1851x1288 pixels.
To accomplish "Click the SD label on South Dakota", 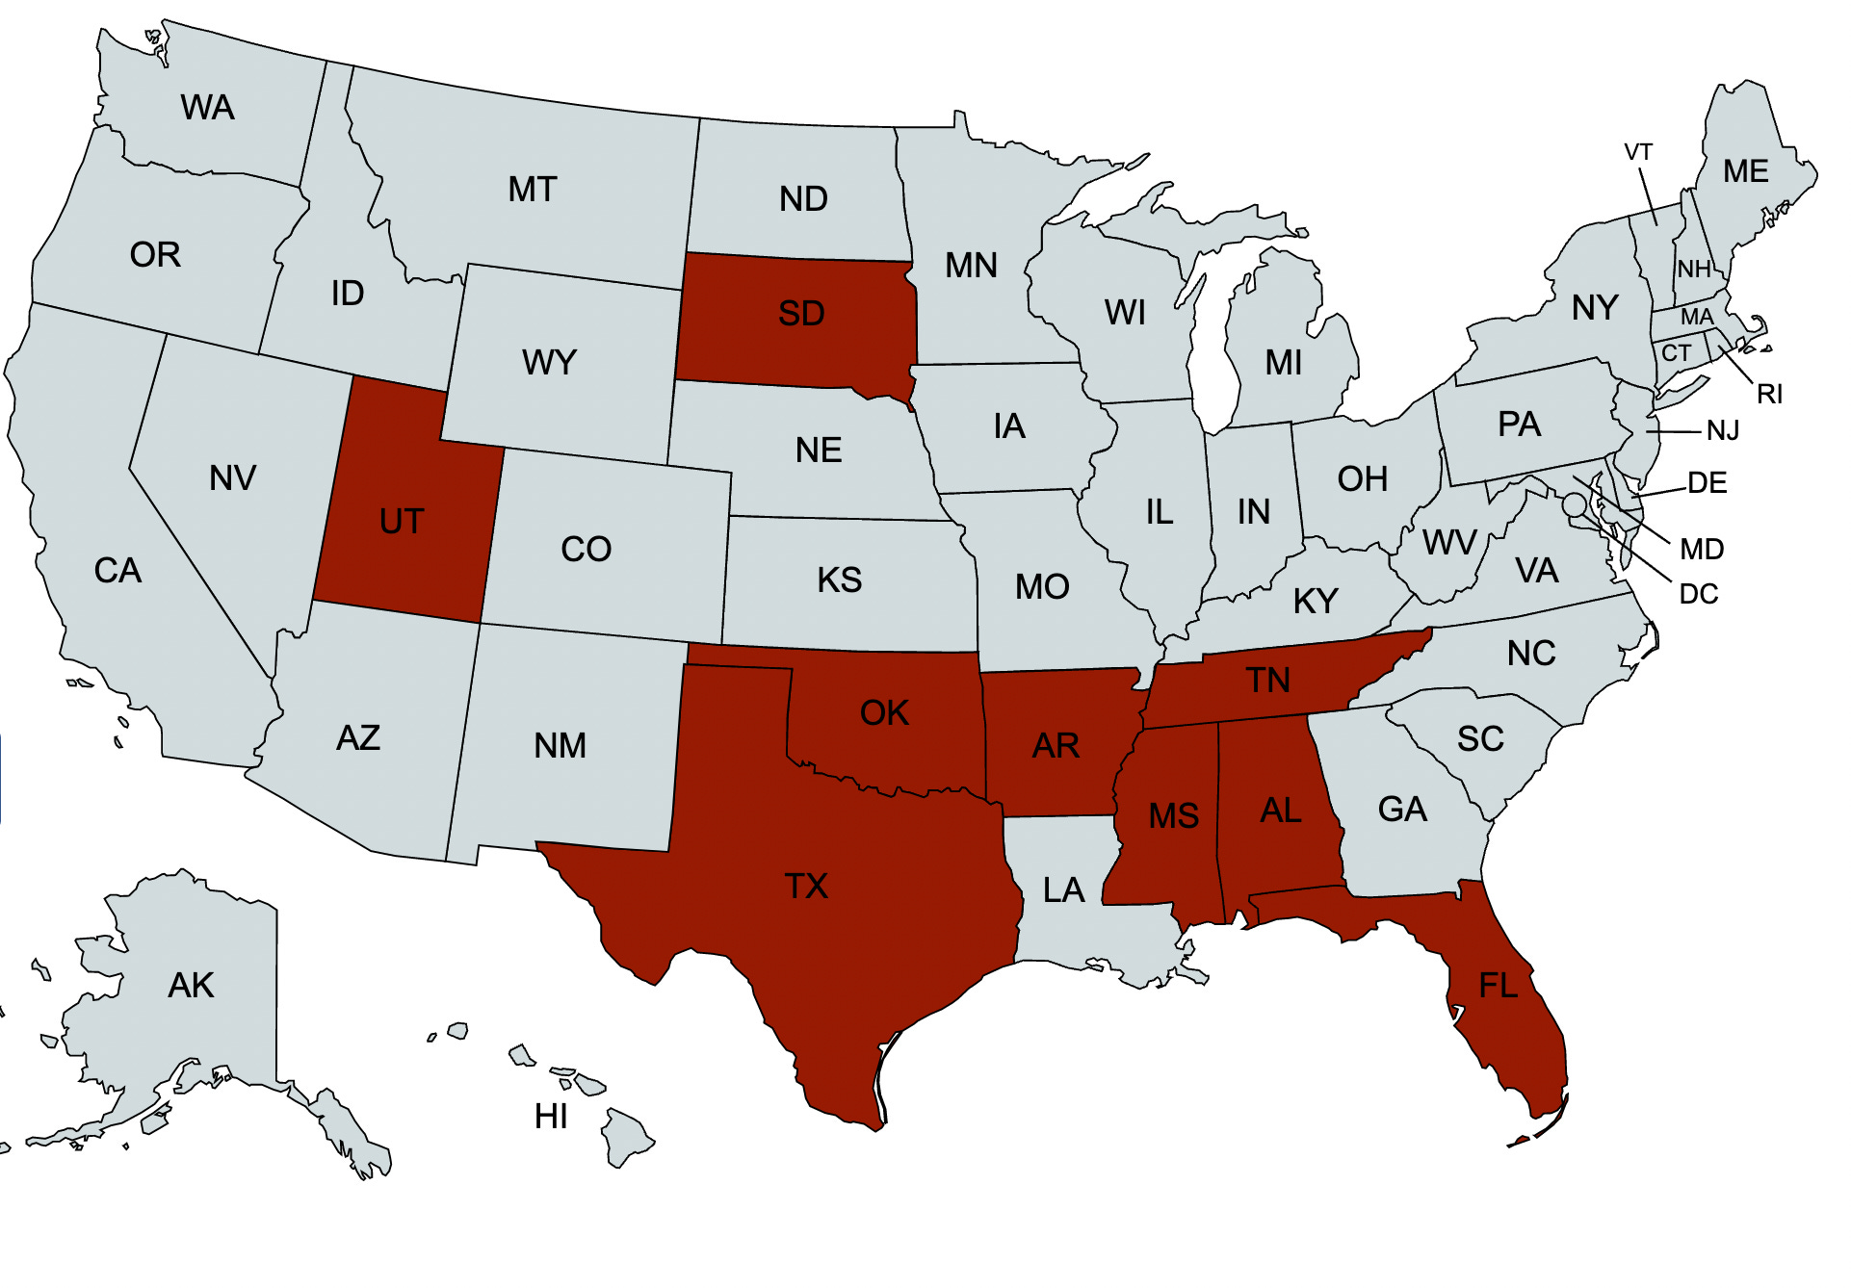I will point(801,314).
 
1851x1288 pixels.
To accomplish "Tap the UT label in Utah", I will point(402,522).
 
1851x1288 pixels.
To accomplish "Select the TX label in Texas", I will point(806,887).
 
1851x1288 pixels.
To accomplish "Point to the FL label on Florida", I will point(1498,986).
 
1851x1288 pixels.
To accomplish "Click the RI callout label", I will point(1769,394).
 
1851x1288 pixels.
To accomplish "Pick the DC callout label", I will point(1698,594).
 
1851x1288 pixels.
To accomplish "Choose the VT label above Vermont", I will point(1638,152).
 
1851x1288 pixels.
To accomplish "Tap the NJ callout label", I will point(1723,430).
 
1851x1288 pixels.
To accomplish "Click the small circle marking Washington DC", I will point(1574,504).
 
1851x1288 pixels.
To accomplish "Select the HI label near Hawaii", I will point(551,1117).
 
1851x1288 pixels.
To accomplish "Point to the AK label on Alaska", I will point(191,986).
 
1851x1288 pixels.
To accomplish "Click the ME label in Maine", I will point(1745,171).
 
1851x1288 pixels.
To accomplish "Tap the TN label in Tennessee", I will point(1267,681).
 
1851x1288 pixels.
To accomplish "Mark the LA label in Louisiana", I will point(1063,890).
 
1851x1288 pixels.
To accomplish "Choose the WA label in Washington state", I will point(207,108).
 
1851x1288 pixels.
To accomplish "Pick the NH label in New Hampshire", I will point(1694,270).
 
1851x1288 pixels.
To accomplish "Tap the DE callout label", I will point(1708,482).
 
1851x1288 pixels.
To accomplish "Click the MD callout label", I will point(1702,550).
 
